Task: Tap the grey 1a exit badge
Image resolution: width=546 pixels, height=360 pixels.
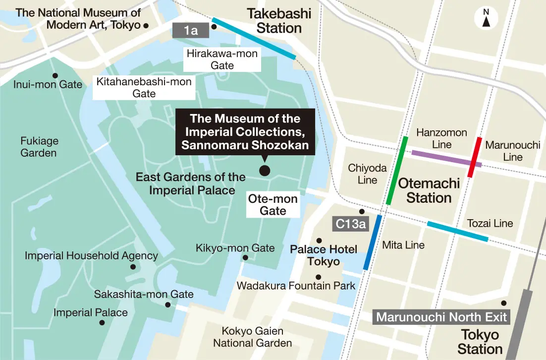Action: click(191, 30)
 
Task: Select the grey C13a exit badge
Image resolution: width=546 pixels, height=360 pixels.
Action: click(350, 224)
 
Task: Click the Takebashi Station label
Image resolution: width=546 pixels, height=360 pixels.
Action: click(279, 21)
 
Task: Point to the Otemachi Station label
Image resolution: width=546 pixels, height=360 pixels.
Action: click(429, 190)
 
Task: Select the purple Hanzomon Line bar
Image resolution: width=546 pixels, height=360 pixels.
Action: click(446, 159)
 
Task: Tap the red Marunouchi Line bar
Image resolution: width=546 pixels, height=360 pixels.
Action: click(474, 157)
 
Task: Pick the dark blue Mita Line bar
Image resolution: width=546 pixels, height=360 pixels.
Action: click(373, 242)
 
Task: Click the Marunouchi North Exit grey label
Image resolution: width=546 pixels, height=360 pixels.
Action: click(441, 317)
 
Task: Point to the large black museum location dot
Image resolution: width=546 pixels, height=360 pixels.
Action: click(265, 171)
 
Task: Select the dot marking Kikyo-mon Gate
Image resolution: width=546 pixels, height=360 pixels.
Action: click(245, 257)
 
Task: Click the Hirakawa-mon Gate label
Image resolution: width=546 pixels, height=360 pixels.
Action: click(222, 60)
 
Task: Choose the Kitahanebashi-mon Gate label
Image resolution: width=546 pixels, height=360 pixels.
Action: click(144, 87)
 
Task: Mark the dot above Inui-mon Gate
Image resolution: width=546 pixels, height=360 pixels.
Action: click(55, 76)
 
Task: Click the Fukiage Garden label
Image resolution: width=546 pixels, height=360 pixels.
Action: click(39, 147)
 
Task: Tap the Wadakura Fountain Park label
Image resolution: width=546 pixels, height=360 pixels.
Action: click(296, 286)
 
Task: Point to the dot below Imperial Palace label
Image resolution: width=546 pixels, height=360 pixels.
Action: click(102, 322)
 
